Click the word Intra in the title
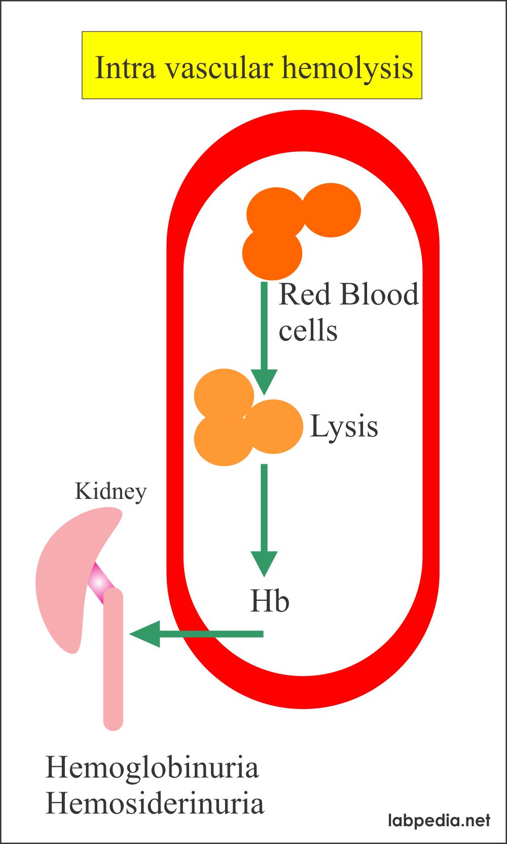point(125,67)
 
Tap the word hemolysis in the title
point(347,67)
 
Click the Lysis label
point(344,426)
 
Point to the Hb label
point(270,601)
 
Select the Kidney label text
point(111,491)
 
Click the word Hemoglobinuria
point(152,767)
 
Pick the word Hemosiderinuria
point(155,803)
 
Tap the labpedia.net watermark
point(439,820)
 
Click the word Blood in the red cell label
point(379,294)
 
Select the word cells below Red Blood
point(308,330)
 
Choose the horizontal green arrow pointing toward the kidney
point(198,634)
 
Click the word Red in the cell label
point(306,294)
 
